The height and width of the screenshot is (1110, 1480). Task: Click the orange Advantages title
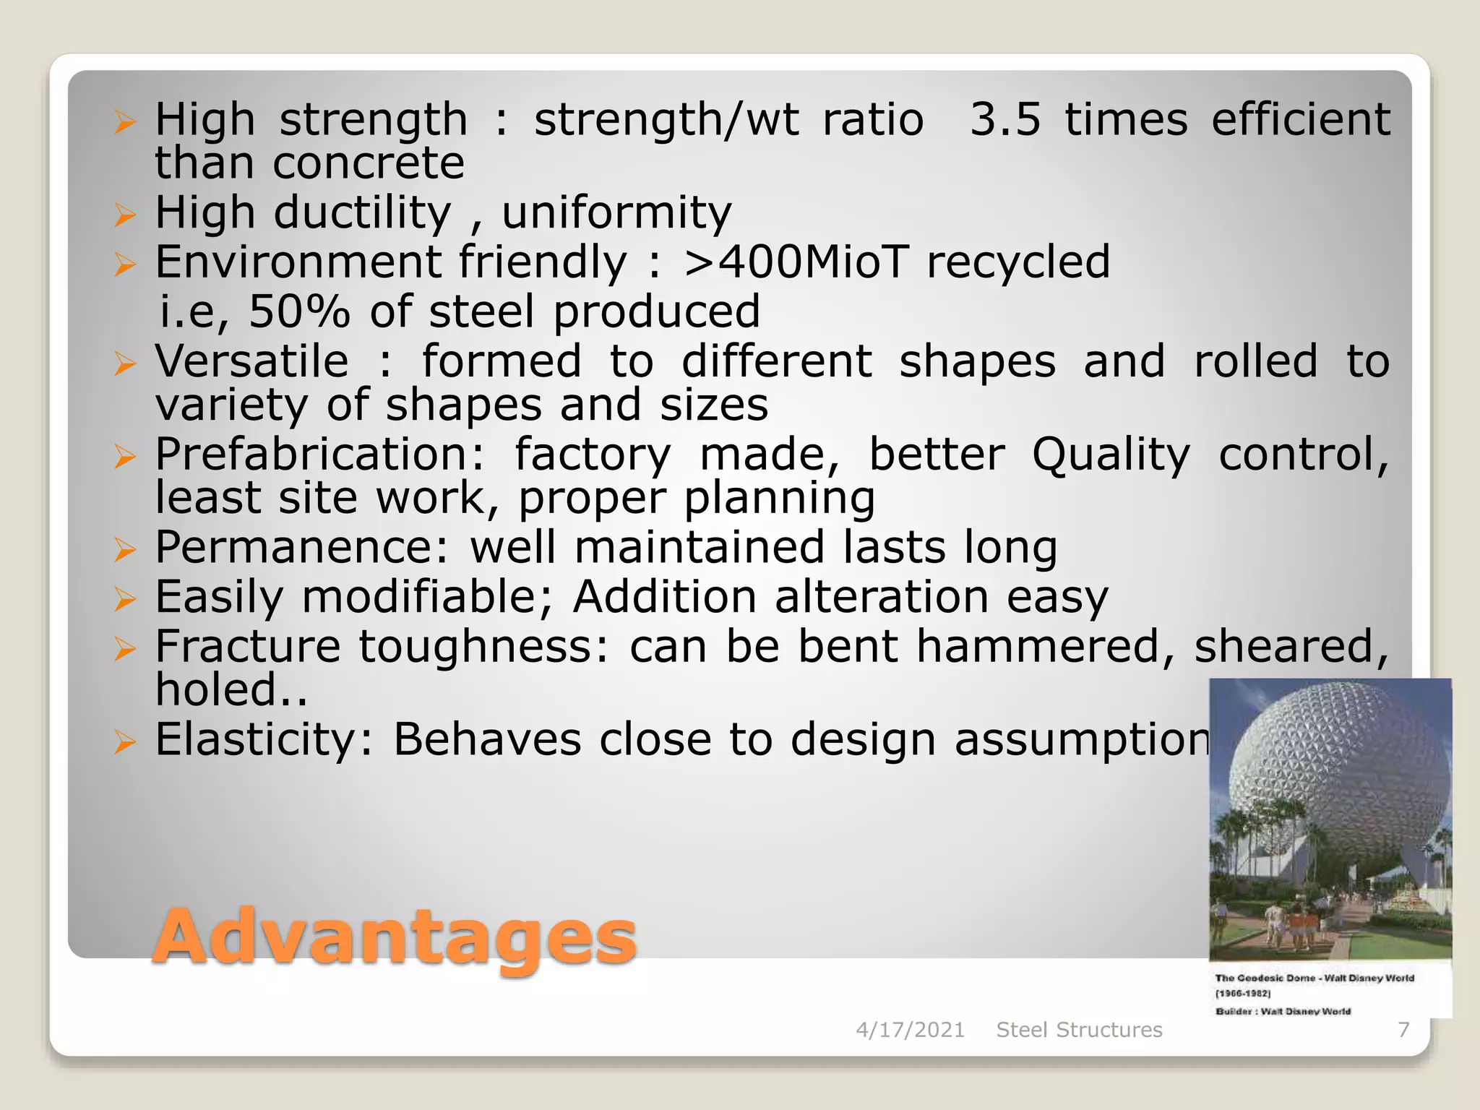[395, 937]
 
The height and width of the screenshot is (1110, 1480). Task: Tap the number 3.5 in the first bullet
[1004, 119]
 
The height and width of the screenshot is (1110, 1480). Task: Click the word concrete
[369, 163]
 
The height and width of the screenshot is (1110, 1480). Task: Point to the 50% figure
[299, 311]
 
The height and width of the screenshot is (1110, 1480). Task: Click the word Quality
[1110, 455]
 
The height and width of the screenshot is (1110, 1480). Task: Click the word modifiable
[426, 597]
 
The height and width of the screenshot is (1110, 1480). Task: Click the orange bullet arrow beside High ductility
[124, 215]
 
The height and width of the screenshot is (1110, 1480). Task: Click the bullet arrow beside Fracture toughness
[124, 650]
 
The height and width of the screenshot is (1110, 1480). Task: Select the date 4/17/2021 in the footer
[910, 1030]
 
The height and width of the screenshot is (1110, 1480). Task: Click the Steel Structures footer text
[1079, 1030]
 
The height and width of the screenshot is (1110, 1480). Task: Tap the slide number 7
[1403, 1030]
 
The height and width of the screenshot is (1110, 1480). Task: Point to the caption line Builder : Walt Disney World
[1283, 1011]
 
